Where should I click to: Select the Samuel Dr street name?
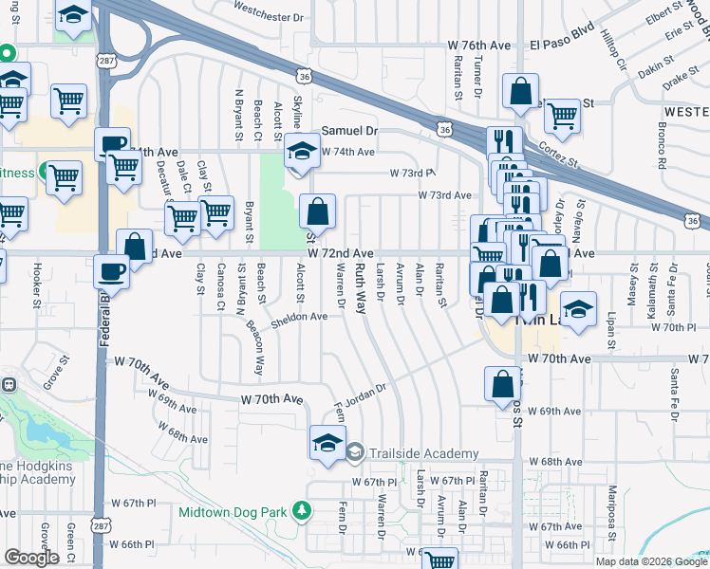coord(349,131)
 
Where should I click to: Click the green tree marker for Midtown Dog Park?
coord(303,511)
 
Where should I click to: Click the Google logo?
coord(31,557)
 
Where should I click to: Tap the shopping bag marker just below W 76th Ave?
coord(521,93)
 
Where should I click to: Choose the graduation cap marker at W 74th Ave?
coord(302,152)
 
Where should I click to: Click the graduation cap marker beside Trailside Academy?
coord(327,443)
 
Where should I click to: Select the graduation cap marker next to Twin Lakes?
coord(578,308)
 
